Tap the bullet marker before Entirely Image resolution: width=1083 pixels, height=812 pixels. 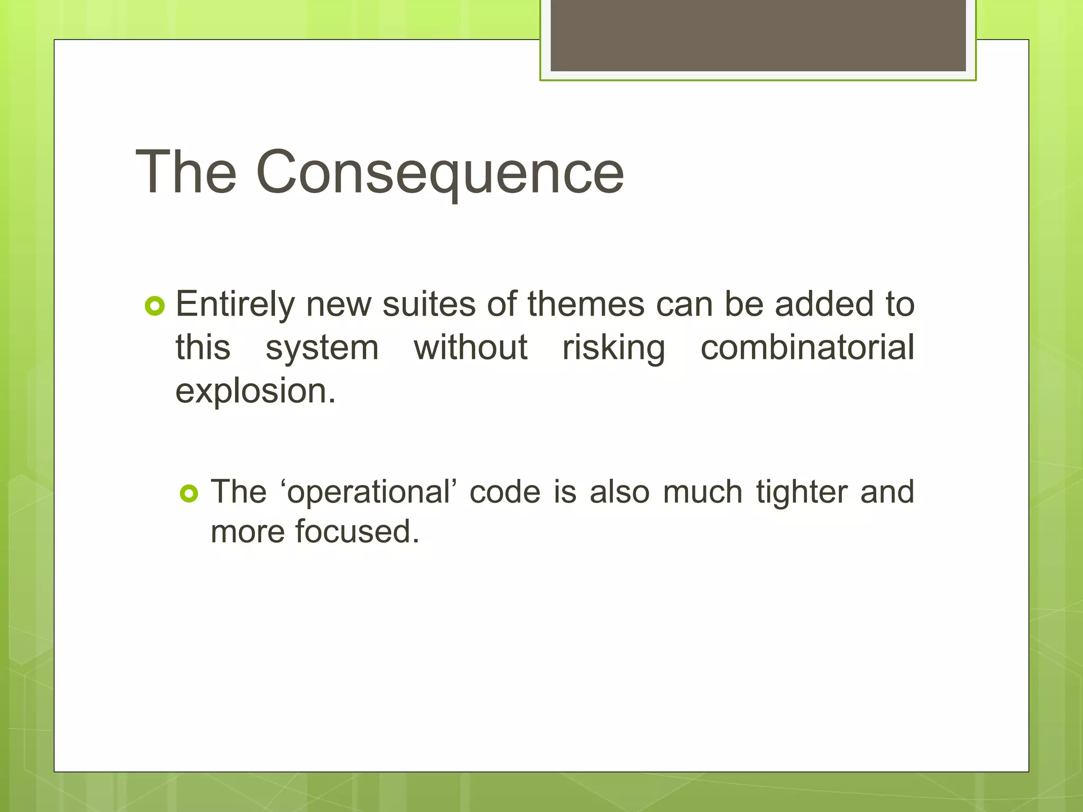[x=154, y=306]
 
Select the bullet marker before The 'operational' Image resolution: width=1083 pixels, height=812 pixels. [x=189, y=493]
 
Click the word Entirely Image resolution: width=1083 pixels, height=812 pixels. [x=235, y=306]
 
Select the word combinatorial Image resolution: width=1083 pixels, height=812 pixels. [x=807, y=348]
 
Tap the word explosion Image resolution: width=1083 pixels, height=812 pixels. [x=255, y=392]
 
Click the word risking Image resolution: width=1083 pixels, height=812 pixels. [x=613, y=349]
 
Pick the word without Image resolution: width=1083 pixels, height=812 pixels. [x=470, y=348]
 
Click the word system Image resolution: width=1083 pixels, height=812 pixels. [x=322, y=349]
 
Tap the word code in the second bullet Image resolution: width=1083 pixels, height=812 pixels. [x=505, y=492]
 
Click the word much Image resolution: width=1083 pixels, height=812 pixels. [x=703, y=492]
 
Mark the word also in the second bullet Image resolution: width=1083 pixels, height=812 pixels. [x=619, y=492]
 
